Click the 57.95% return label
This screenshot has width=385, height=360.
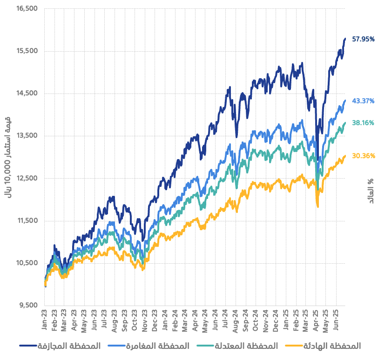364,40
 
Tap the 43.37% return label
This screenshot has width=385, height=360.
364,101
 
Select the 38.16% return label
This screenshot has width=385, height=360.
364,124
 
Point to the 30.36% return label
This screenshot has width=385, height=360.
364,156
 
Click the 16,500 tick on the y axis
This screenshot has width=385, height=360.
27,8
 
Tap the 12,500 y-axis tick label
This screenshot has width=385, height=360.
27,178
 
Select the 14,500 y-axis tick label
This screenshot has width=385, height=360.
27,93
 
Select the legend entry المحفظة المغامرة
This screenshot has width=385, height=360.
149,346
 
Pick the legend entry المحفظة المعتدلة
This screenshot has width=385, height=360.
237,346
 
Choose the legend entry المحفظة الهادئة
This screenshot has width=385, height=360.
323,346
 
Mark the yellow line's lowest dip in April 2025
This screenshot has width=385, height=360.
318,206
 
